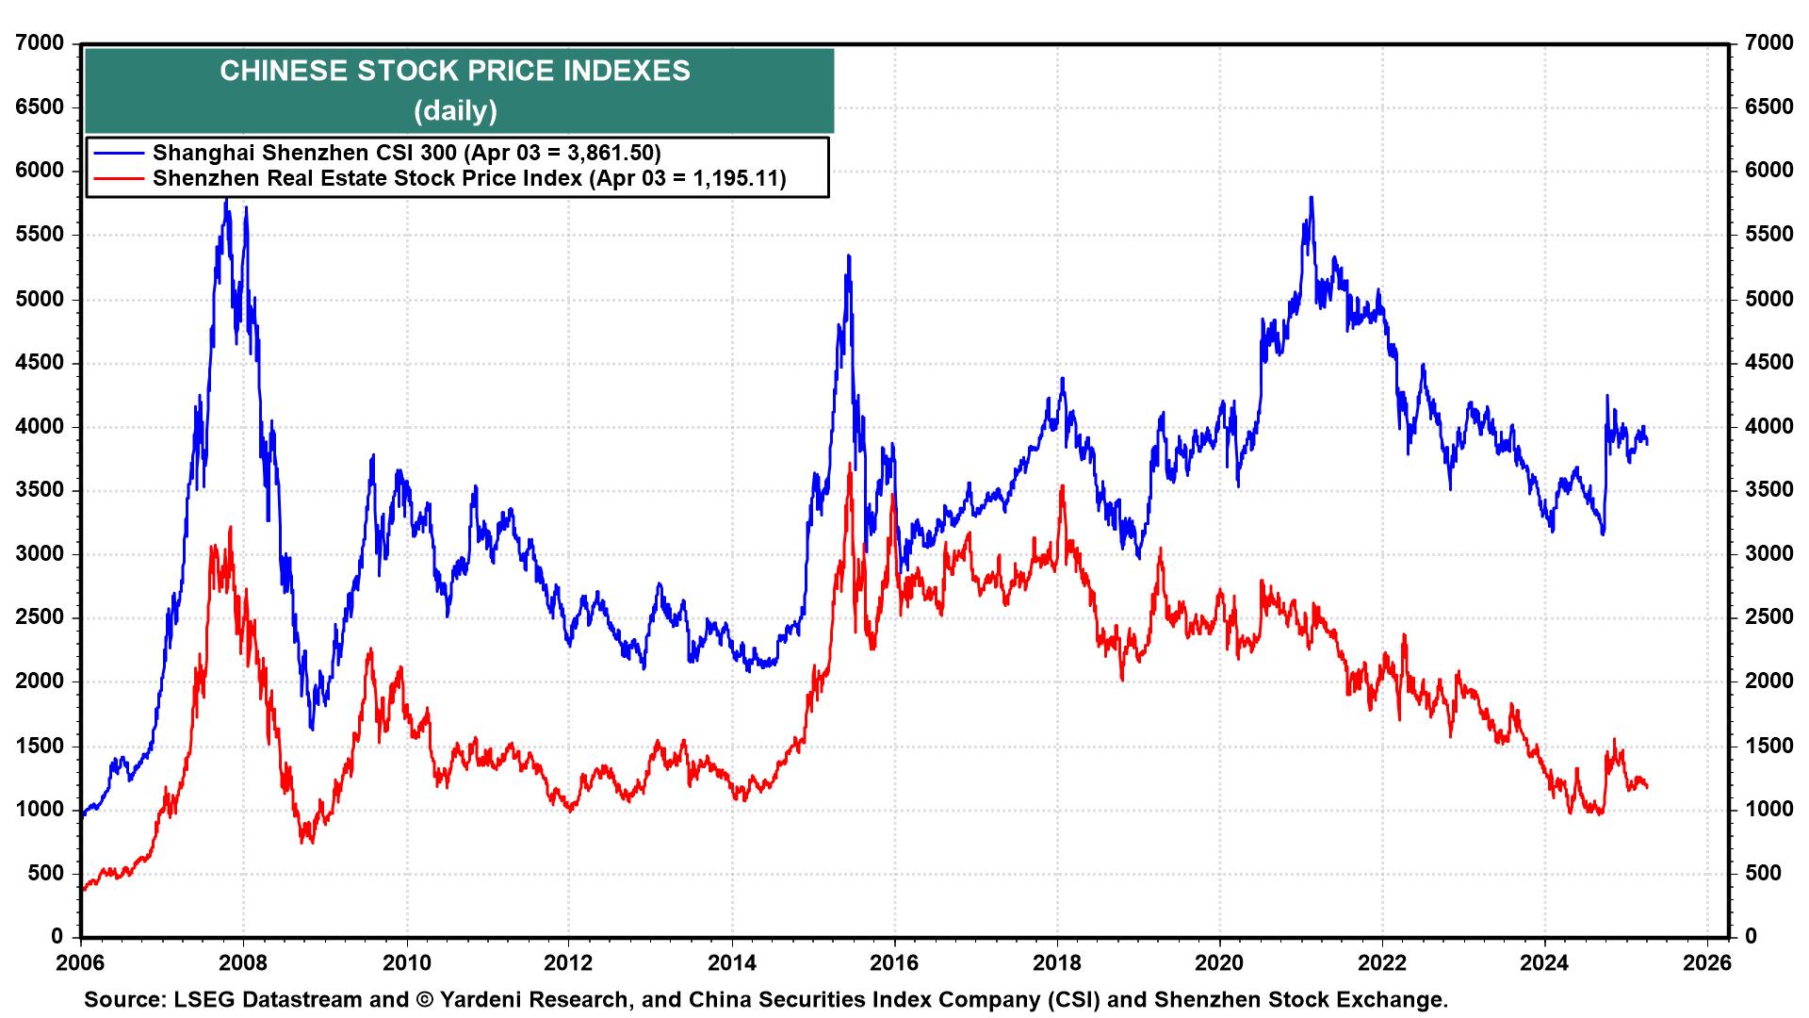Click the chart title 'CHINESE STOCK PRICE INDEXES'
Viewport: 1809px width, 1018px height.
click(455, 72)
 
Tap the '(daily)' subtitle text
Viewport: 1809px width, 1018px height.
click(455, 111)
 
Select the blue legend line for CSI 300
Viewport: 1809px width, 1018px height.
click(118, 153)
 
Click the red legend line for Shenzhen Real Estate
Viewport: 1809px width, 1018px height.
click(118, 178)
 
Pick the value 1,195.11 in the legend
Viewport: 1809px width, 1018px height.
click(734, 178)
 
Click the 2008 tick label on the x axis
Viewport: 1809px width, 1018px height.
click(243, 963)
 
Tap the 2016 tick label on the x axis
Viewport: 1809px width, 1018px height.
click(894, 963)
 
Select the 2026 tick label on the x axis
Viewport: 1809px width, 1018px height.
click(1707, 963)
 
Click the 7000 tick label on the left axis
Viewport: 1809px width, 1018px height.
click(40, 43)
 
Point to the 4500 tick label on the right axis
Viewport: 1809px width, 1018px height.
click(1768, 363)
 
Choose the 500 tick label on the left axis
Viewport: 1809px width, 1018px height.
click(45, 874)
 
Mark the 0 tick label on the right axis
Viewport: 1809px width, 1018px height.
click(1751, 937)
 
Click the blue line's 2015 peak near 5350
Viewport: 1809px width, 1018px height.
click(849, 256)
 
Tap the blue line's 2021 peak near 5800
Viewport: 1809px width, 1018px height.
click(1311, 198)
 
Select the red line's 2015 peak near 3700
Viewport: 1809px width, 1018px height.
click(850, 465)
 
